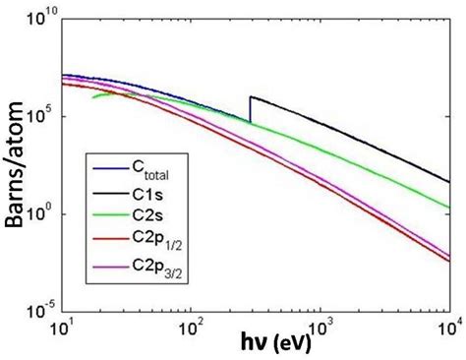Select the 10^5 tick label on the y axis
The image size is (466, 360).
coord(43,115)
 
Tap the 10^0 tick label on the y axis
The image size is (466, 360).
coord(43,214)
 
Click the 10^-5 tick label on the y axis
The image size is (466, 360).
coord(41,313)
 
